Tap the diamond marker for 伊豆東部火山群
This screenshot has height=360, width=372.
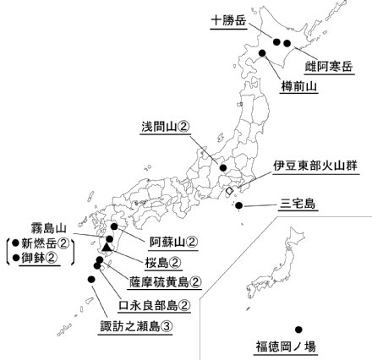coord(228,194)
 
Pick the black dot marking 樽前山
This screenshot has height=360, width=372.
coord(262,54)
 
